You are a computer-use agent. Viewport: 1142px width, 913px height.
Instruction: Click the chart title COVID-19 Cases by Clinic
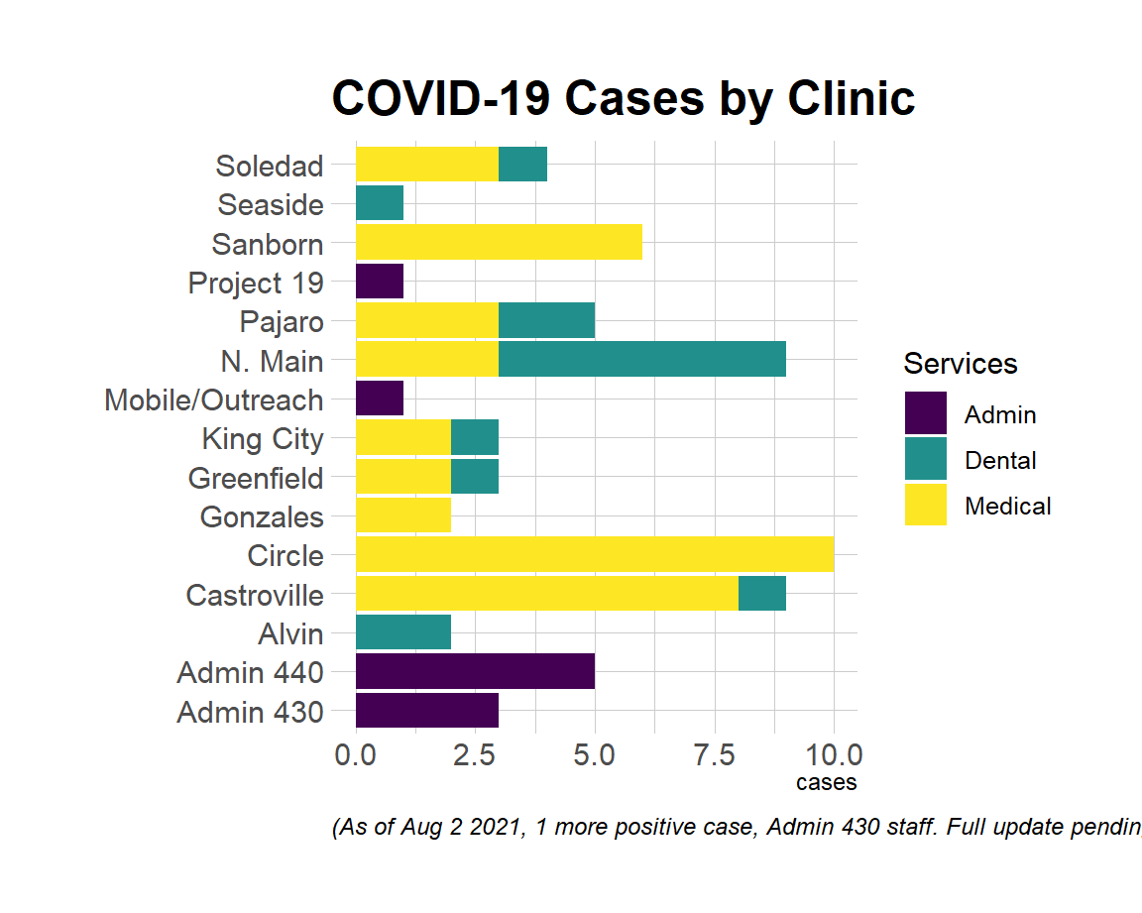623,99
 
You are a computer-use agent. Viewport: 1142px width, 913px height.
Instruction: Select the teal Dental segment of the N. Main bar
642,359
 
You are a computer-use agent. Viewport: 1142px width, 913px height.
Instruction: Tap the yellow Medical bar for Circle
595,554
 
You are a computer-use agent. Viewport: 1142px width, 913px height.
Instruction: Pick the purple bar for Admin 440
475,671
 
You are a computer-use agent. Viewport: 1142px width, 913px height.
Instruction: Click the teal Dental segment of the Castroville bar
762,593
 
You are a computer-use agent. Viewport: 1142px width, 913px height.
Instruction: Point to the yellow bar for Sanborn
499,242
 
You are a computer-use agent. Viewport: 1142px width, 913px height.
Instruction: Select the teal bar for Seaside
380,203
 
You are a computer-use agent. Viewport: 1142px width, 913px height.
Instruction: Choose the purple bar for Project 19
380,282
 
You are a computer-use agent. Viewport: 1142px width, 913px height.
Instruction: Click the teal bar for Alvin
403,631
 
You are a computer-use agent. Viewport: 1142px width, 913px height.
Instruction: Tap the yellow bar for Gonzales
403,514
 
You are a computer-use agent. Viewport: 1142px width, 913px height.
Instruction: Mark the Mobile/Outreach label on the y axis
214,400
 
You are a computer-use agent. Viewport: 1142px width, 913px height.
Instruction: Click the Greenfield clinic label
256,479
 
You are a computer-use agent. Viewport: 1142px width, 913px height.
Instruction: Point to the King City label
263,439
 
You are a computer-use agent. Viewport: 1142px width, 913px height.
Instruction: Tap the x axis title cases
826,783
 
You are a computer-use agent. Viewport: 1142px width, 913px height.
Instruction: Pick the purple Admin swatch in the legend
925,413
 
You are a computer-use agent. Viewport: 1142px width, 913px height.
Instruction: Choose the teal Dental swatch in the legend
925,459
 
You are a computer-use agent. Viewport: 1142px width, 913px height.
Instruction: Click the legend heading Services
960,364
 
